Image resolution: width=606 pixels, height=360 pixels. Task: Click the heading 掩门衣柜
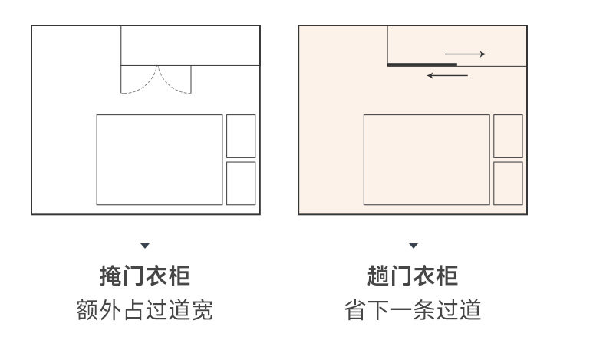pyautogui.click(x=145, y=275)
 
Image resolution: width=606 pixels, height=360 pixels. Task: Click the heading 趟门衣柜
pyautogui.click(x=413, y=275)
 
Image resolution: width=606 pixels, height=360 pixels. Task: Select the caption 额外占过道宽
pyautogui.click(x=145, y=310)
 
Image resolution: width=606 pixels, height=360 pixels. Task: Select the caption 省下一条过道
pyautogui.click(x=413, y=310)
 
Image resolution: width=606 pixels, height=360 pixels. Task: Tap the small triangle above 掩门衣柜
pyautogui.click(x=145, y=246)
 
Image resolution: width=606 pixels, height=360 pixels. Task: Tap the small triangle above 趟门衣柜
pyautogui.click(x=413, y=246)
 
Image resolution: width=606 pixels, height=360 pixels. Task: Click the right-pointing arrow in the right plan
pyautogui.click(x=466, y=54)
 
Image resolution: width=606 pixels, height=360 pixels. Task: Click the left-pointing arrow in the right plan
pyautogui.click(x=447, y=75)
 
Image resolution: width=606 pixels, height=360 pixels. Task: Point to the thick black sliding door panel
pyautogui.click(x=422, y=65)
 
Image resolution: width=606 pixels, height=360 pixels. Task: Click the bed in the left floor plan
pyautogui.click(x=160, y=160)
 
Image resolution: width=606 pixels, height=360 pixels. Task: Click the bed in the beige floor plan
pyautogui.click(x=427, y=160)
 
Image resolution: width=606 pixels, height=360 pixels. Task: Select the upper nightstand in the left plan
pyautogui.click(x=241, y=136)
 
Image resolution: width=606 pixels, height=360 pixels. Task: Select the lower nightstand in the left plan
pyautogui.click(x=241, y=183)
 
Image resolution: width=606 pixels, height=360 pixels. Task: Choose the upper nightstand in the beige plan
pyautogui.click(x=508, y=136)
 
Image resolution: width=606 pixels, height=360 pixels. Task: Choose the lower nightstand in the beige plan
pyautogui.click(x=508, y=183)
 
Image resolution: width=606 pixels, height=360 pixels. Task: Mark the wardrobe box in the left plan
pyautogui.click(x=190, y=46)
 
